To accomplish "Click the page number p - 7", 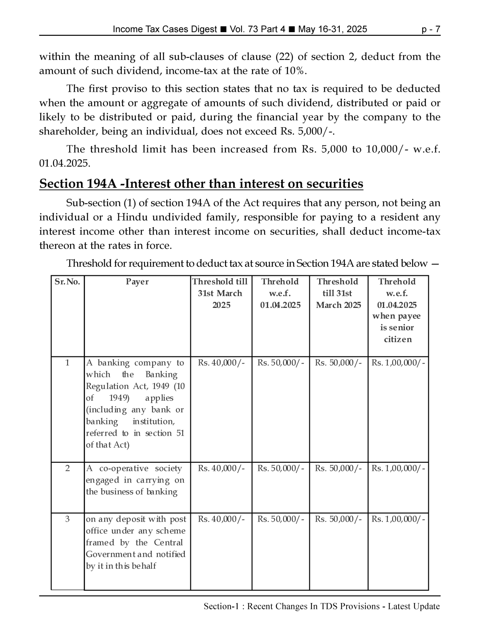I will (430, 29).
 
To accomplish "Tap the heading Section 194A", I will (201, 183).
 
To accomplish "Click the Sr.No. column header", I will (67, 282).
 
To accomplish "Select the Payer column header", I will (137, 282).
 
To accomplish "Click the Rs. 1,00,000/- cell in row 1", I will (398, 363).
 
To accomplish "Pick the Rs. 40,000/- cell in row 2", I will (221, 468).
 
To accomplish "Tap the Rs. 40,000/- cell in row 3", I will (221, 519).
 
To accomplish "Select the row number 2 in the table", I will (67, 468).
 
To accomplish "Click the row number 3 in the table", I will (67, 519).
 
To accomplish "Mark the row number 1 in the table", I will (67, 363).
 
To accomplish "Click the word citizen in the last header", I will (398, 339).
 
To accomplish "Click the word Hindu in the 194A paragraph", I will (132, 217).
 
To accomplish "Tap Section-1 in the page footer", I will (223, 607).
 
